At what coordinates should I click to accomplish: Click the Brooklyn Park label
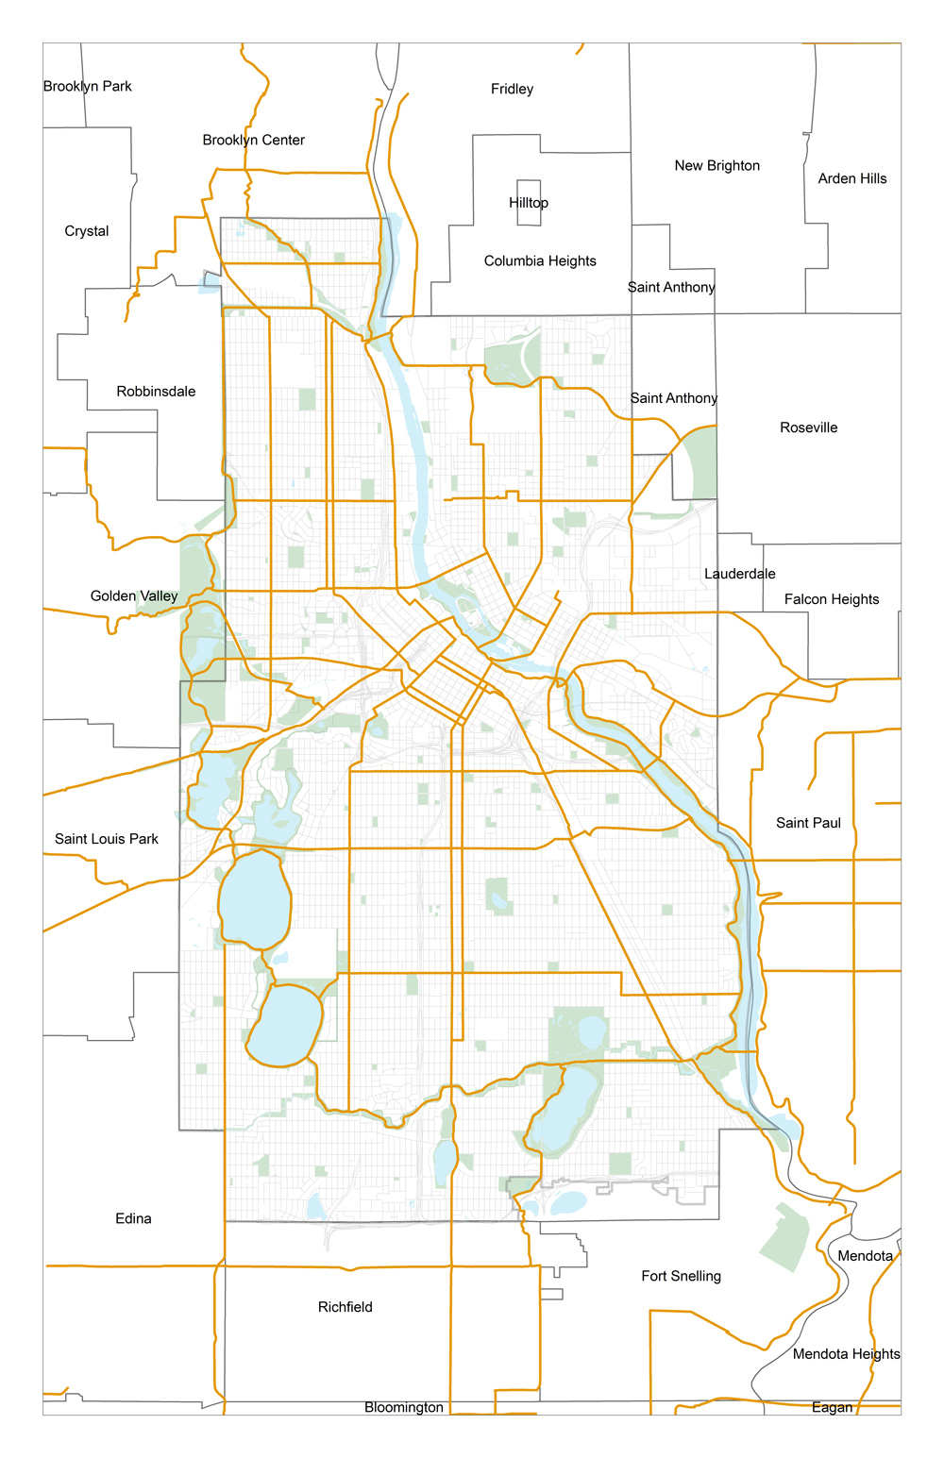(88, 86)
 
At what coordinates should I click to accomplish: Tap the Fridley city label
(512, 89)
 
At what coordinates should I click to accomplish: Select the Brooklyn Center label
(253, 140)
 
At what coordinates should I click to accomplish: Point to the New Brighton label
(716, 165)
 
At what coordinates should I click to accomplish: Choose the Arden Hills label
(851, 178)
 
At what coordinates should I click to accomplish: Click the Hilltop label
(528, 203)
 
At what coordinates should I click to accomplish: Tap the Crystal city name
(87, 231)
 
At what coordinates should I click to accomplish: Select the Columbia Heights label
(540, 261)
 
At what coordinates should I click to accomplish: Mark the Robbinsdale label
(156, 392)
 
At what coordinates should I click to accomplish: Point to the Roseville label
(808, 427)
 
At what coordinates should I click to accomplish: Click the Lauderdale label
(739, 574)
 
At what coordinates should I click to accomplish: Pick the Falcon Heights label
(831, 599)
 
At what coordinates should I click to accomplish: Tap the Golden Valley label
(134, 595)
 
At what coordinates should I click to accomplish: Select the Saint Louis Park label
(107, 839)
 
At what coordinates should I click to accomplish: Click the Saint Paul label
(808, 823)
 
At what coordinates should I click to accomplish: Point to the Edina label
(133, 1218)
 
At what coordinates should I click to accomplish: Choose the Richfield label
(345, 1307)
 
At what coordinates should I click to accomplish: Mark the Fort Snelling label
(681, 1276)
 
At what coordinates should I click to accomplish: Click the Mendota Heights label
(846, 1354)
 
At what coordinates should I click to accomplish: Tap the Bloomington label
(404, 1407)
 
